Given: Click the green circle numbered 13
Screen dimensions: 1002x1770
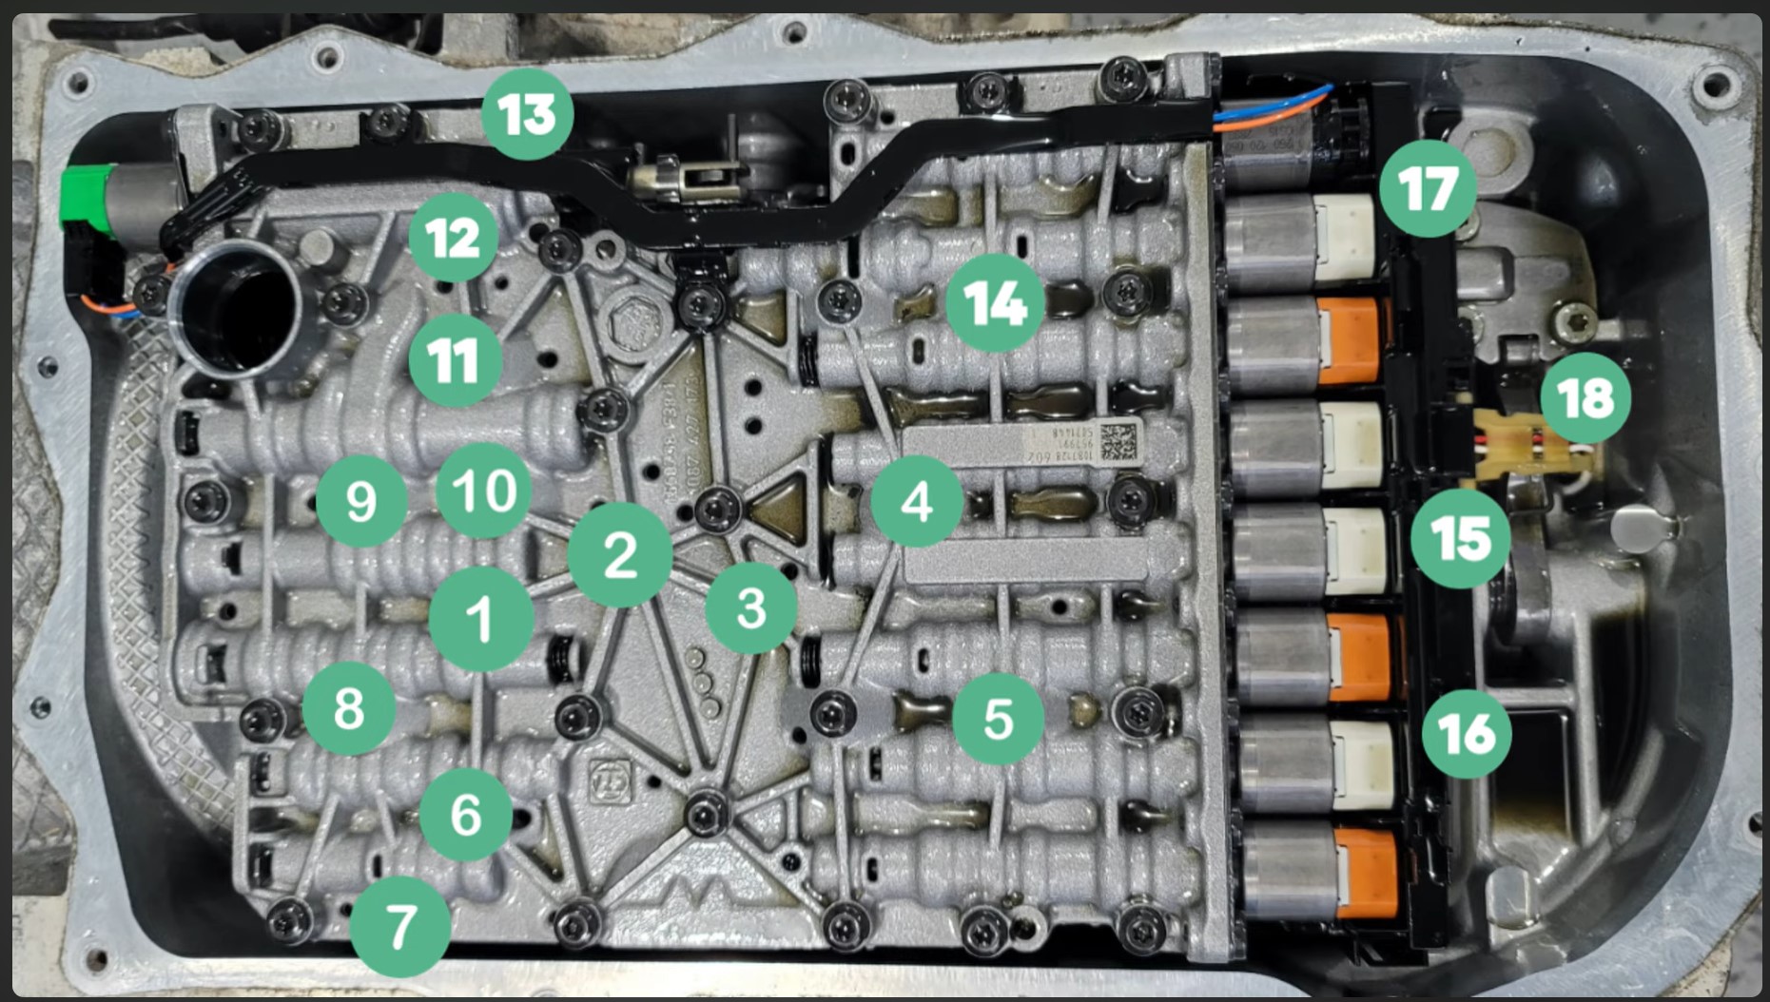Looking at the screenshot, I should (x=527, y=114).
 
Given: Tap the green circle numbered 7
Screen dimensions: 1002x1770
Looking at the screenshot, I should (x=400, y=927).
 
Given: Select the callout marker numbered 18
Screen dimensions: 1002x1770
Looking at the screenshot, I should (x=1585, y=397).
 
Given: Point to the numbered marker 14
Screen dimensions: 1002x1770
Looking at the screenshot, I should (x=995, y=303).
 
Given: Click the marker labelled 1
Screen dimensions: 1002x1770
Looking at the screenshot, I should (x=481, y=619).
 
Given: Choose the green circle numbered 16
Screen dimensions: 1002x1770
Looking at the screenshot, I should (x=1467, y=734).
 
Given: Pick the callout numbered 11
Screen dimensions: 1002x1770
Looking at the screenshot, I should (x=455, y=361).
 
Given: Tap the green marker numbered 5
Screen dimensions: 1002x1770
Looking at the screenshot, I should (x=998, y=719).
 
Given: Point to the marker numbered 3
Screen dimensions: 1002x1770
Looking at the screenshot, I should (x=750, y=607).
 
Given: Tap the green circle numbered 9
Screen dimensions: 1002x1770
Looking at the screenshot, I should (x=361, y=501).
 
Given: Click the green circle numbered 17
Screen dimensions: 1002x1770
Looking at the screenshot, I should (x=1428, y=188).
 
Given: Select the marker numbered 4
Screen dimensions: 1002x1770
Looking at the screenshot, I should (x=916, y=501).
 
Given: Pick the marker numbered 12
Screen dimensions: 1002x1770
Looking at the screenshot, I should (x=454, y=238).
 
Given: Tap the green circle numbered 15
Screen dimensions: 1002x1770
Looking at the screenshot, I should (x=1461, y=539).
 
